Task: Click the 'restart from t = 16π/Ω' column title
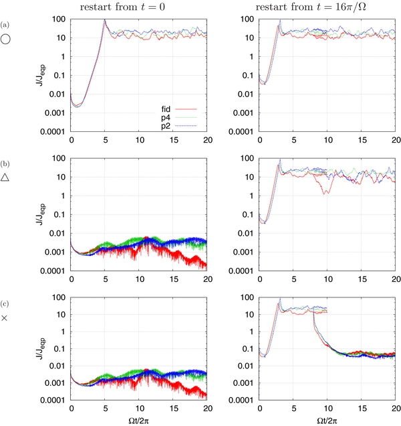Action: click(325, 8)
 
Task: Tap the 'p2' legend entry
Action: click(169, 125)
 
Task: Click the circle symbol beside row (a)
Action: click(6, 40)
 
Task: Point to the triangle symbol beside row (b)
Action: click(6, 178)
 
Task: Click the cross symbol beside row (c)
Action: click(5, 317)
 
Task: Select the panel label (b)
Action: click(6, 163)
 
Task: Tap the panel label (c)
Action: click(6, 302)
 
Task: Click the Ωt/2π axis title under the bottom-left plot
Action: click(139, 420)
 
